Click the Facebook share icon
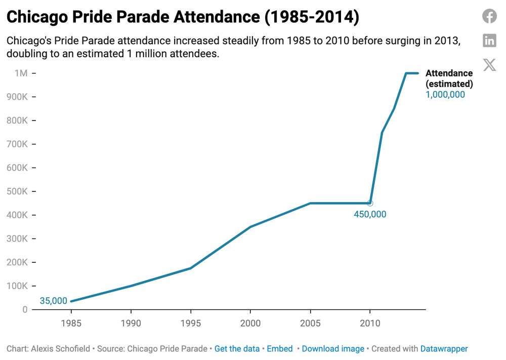click(489, 16)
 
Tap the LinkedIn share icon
click(489, 41)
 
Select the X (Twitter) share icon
click(489, 65)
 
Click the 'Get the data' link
click(237, 349)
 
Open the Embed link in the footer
click(280, 349)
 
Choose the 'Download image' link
click(333, 349)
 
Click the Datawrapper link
click(444, 349)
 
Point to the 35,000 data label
click(54, 301)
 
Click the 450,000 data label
click(370, 214)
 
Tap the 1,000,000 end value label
click(445, 94)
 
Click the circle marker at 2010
click(370, 203)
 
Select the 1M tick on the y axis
click(21, 73)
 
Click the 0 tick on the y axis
click(25, 309)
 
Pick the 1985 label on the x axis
click(71, 323)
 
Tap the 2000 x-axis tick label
click(250, 323)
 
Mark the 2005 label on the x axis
click(310, 323)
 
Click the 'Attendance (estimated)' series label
click(449, 78)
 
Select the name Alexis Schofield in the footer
click(60, 349)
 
